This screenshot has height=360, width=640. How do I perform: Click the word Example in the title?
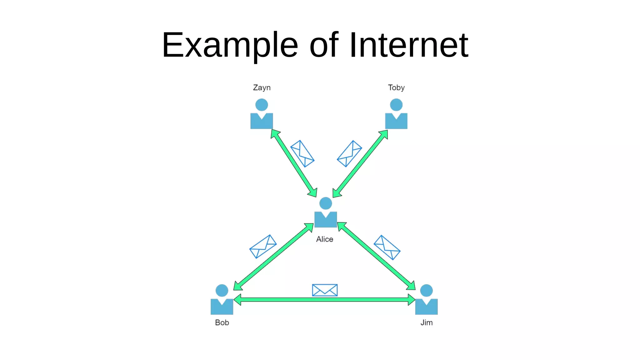[230, 45]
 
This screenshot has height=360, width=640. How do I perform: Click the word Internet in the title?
[408, 45]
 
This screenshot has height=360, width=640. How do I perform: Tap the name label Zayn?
[262, 87]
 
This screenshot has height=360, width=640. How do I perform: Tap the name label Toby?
[396, 87]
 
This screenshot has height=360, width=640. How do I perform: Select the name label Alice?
[324, 239]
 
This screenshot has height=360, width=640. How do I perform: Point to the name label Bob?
[222, 322]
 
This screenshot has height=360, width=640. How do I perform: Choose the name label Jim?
[426, 322]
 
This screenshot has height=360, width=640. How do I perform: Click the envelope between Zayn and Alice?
[302, 153]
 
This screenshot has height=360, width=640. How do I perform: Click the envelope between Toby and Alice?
[349, 153]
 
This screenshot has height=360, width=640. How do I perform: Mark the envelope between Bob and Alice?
[263, 247]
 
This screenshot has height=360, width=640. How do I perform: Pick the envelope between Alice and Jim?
[387, 247]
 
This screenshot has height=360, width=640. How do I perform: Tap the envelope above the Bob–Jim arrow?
[325, 290]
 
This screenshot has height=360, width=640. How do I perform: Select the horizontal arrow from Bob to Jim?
[325, 300]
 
